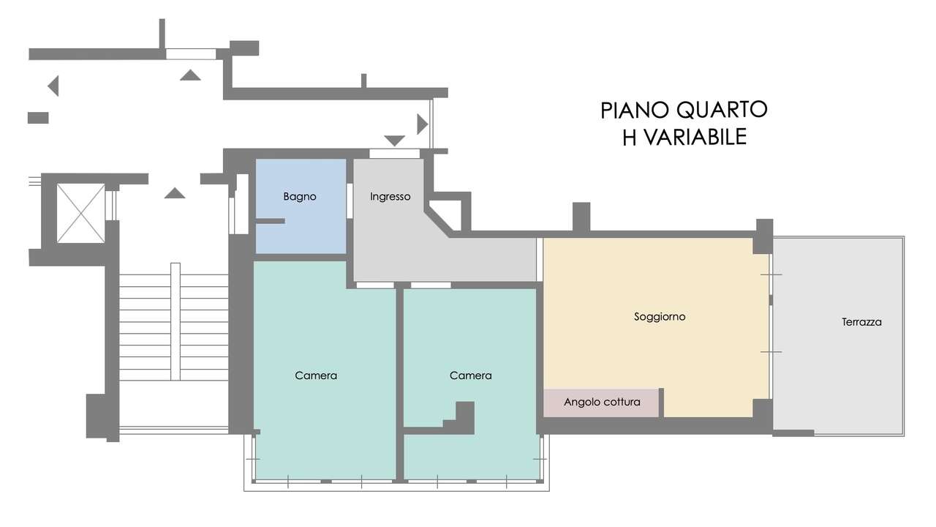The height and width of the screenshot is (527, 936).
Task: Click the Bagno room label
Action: coord(300,197)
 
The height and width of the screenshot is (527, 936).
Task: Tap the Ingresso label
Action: coord(390,197)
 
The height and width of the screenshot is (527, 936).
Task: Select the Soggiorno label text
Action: coord(660,317)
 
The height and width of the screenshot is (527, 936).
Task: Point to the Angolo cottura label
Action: coord(602,402)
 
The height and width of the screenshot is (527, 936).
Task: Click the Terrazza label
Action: coord(861,321)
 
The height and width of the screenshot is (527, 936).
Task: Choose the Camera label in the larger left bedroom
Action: coord(316,375)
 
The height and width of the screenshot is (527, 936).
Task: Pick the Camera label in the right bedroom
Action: coord(470,375)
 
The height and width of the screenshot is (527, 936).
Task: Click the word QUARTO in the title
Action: coord(722,110)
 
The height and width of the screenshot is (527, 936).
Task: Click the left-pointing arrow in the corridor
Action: coord(53,86)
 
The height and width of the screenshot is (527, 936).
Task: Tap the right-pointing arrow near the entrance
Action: coord(421,124)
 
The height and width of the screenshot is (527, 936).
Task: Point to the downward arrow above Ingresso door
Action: coord(394,140)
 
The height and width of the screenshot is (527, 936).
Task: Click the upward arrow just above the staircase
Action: coord(175,193)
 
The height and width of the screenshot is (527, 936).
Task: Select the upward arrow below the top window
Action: coord(190,75)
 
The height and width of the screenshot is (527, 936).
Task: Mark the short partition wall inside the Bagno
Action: coord(269,220)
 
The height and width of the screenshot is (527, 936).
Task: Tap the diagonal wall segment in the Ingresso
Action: coord(437,222)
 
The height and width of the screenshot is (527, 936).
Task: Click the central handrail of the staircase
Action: coord(175,322)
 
